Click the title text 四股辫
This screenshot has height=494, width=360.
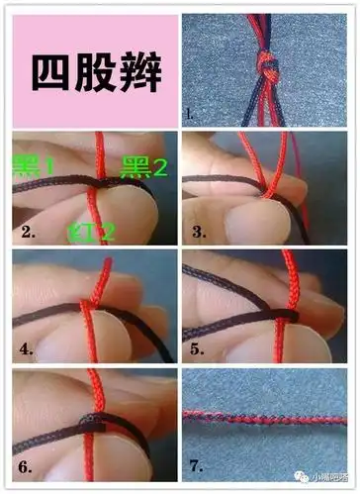pos(95,72)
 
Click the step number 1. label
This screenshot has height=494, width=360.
pos(191,115)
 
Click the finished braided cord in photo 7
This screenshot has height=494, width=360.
pos(267,418)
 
